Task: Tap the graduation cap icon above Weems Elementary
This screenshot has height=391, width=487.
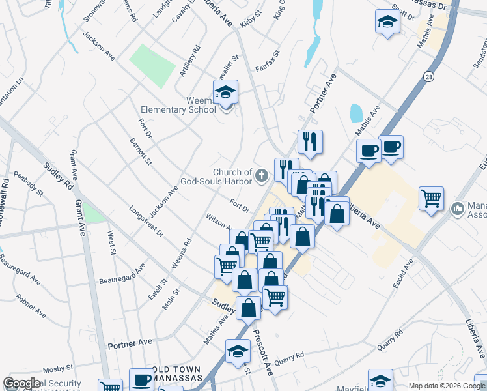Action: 226,92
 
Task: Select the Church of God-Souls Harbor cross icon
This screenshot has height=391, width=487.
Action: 262,174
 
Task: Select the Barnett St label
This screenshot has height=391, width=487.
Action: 140,151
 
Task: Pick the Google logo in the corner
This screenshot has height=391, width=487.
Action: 21,383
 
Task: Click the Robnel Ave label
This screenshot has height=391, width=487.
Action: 31,304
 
